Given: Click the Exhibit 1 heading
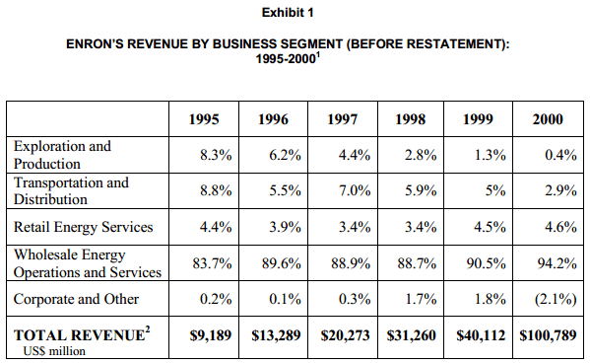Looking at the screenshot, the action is [x=288, y=13].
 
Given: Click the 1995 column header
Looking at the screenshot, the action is [x=204, y=119].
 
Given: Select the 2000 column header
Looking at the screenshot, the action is [x=548, y=119].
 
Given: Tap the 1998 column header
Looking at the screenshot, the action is [x=410, y=119].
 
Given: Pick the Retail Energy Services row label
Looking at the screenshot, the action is [x=83, y=227].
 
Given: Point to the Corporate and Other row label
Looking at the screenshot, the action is [x=76, y=299].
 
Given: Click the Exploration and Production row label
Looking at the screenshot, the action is [x=62, y=155].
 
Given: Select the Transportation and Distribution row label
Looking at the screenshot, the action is [x=71, y=190].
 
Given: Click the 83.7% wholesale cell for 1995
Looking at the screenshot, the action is [x=212, y=263].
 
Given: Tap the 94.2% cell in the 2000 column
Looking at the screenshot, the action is [x=557, y=263].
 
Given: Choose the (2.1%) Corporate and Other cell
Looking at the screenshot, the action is [x=556, y=299].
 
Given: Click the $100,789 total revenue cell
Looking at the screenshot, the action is [x=548, y=335].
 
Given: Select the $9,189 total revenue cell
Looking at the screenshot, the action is [x=211, y=335].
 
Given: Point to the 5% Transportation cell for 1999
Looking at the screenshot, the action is [x=495, y=190].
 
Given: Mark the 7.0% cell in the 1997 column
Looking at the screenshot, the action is [x=355, y=190].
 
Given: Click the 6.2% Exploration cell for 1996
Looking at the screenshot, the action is [x=285, y=155].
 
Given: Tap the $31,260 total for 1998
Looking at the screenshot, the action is [x=411, y=335].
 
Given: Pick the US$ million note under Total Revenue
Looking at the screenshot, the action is [x=54, y=351].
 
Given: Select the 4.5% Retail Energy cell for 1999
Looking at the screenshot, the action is [x=490, y=227].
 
